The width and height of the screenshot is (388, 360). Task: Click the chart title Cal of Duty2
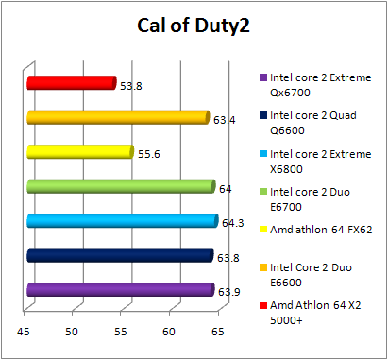194,26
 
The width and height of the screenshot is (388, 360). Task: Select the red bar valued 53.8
72,83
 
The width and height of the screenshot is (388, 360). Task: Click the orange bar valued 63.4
118,117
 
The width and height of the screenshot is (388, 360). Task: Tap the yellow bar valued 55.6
80,151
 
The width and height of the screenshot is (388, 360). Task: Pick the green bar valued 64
121,186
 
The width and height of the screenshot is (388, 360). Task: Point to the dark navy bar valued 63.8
120,255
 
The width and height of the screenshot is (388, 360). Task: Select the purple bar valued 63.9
121,290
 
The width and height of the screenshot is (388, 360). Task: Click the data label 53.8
131,86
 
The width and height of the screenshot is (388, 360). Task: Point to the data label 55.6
149,154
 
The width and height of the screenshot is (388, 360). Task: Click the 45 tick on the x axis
23,331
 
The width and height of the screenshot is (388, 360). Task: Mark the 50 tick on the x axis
72,331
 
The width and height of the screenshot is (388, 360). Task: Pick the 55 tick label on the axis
121,331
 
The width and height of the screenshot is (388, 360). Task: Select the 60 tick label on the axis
170,331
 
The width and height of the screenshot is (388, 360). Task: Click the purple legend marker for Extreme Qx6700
261,79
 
